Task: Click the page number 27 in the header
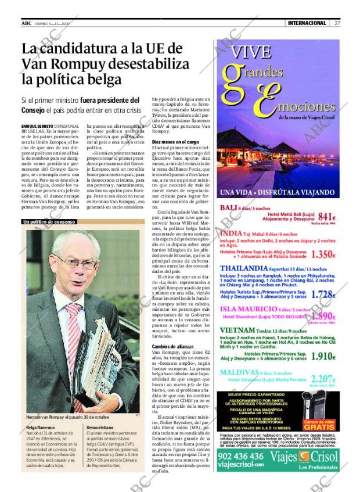point(337,23)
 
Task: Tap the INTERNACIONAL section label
point(307,23)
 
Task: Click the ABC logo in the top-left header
point(26,23)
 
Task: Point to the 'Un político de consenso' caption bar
point(50,222)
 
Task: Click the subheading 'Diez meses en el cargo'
point(175,142)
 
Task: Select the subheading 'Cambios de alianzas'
point(173,346)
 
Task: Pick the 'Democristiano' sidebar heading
point(100,427)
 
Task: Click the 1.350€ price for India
point(323,254)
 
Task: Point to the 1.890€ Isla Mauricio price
point(323,316)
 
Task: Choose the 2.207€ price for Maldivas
point(323,378)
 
